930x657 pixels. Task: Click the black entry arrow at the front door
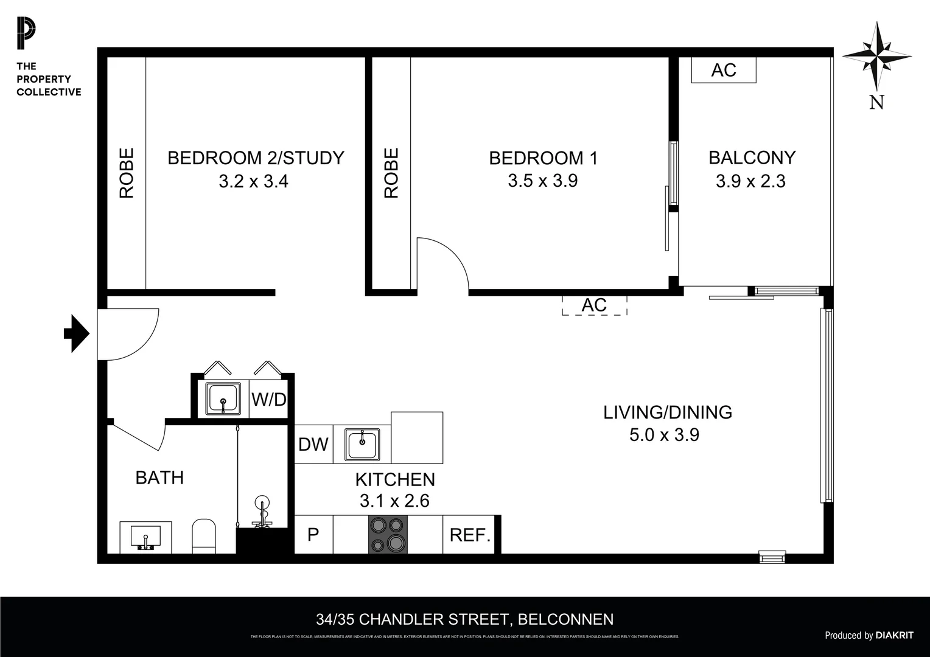pos(77,333)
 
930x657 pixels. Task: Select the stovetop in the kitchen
pos(388,535)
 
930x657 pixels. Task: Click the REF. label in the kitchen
pos(470,535)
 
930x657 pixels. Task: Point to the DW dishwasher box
pos(313,445)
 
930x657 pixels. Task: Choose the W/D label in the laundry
pos(268,400)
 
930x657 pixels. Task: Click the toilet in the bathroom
pos(204,536)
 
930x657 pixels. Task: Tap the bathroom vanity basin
pos(145,537)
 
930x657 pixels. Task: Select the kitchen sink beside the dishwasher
pos(362,445)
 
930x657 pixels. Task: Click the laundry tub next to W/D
pos(223,398)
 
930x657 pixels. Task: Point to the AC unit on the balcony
pos(724,70)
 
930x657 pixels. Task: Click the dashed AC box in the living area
pos(594,305)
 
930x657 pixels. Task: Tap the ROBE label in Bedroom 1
pos(391,173)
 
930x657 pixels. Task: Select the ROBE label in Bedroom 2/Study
pos(126,173)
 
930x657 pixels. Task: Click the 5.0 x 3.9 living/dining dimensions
pos(664,435)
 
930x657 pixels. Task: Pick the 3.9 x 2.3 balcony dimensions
pos(750,181)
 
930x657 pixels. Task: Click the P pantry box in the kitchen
pos(313,535)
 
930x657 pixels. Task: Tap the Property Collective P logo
pos(26,34)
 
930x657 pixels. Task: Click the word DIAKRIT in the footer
pos(894,635)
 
